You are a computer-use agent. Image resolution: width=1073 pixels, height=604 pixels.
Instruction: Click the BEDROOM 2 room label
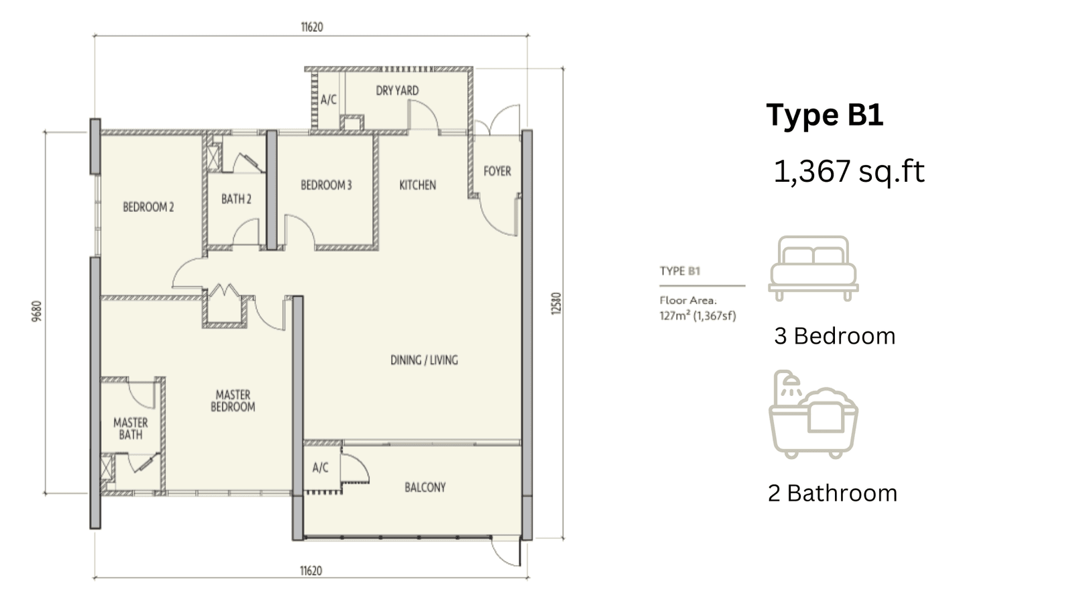point(148,207)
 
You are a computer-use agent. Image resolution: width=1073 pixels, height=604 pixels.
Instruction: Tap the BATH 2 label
point(236,199)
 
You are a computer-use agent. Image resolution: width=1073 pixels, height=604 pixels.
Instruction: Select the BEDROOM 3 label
point(326,185)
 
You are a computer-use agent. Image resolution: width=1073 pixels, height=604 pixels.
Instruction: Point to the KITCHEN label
point(418,185)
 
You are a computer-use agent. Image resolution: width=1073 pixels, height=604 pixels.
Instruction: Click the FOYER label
point(497,171)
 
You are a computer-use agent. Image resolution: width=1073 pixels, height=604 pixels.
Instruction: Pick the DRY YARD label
point(397,91)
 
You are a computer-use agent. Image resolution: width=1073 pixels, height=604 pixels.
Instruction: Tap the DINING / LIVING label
point(424,360)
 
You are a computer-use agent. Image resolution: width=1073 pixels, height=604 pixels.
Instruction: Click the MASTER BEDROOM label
point(233,401)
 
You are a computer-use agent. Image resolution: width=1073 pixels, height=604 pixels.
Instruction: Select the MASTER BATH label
point(131,429)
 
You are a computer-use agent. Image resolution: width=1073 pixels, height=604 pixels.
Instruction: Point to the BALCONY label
point(425,487)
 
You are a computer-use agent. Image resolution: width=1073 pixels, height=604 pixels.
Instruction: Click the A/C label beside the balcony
point(321,467)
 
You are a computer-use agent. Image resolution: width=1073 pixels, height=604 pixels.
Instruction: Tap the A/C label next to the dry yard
point(329,100)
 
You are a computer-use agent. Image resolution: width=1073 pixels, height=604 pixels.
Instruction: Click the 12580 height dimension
point(556,303)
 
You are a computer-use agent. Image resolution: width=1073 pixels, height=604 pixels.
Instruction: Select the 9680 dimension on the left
point(37,311)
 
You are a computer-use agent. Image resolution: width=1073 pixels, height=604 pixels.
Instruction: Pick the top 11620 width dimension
point(312,28)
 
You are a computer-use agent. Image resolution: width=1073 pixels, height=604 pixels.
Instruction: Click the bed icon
point(813,268)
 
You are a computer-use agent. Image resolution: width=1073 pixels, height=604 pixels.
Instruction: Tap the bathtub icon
point(813,414)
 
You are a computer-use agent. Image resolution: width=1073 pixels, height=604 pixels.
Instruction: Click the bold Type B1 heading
point(825,115)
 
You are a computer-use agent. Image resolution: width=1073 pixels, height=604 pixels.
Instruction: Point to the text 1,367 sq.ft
point(849,171)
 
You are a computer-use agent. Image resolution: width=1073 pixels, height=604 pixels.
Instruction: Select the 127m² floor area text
point(697,316)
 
